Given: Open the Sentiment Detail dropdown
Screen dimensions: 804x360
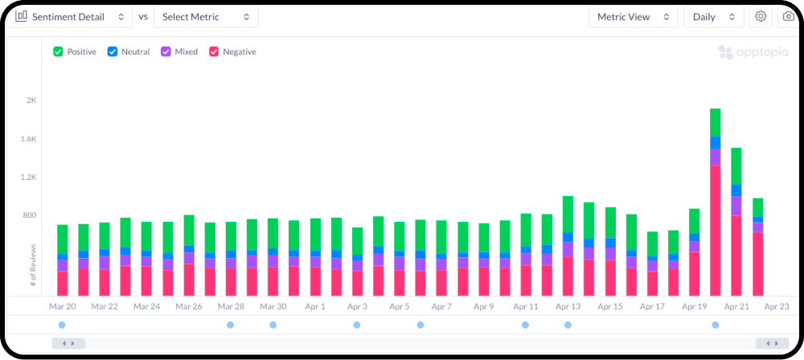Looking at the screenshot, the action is tap(70, 17).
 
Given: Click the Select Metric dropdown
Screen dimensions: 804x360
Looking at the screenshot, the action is tap(206, 17).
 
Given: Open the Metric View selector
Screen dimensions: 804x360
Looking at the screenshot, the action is tap(634, 17).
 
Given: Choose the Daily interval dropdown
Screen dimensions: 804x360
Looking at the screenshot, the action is tap(714, 17).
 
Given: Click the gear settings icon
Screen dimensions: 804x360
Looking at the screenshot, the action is tap(761, 17).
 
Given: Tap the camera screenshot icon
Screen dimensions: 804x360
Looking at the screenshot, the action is tap(789, 17).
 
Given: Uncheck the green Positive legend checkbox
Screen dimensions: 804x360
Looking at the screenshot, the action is tap(58, 51).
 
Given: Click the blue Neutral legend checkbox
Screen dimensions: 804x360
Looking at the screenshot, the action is tap(113, 51).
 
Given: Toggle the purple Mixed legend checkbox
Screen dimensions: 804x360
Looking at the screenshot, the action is tap(166, 51).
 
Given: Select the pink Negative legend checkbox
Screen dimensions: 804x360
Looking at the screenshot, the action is tap(214, 51).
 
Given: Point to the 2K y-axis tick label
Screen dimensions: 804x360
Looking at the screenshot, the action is tap(32, 100).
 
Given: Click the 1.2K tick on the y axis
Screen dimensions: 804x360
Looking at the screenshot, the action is tap(29, 177).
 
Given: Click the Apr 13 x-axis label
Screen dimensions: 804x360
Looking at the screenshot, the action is tap(568, 307).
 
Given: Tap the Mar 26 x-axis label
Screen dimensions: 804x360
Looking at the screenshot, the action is tap(189, 307).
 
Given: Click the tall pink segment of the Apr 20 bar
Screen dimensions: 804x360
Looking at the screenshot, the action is tap(716, 231).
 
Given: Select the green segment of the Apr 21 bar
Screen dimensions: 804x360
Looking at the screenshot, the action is tap(736, 166).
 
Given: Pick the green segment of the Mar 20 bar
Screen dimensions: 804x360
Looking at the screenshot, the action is tap(63, 239).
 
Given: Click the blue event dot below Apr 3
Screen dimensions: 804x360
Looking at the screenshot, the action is tap(357, 325).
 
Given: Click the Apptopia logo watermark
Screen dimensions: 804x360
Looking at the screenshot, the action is tap(753, 52).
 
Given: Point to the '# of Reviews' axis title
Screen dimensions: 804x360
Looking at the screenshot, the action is tap(33, 264).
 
